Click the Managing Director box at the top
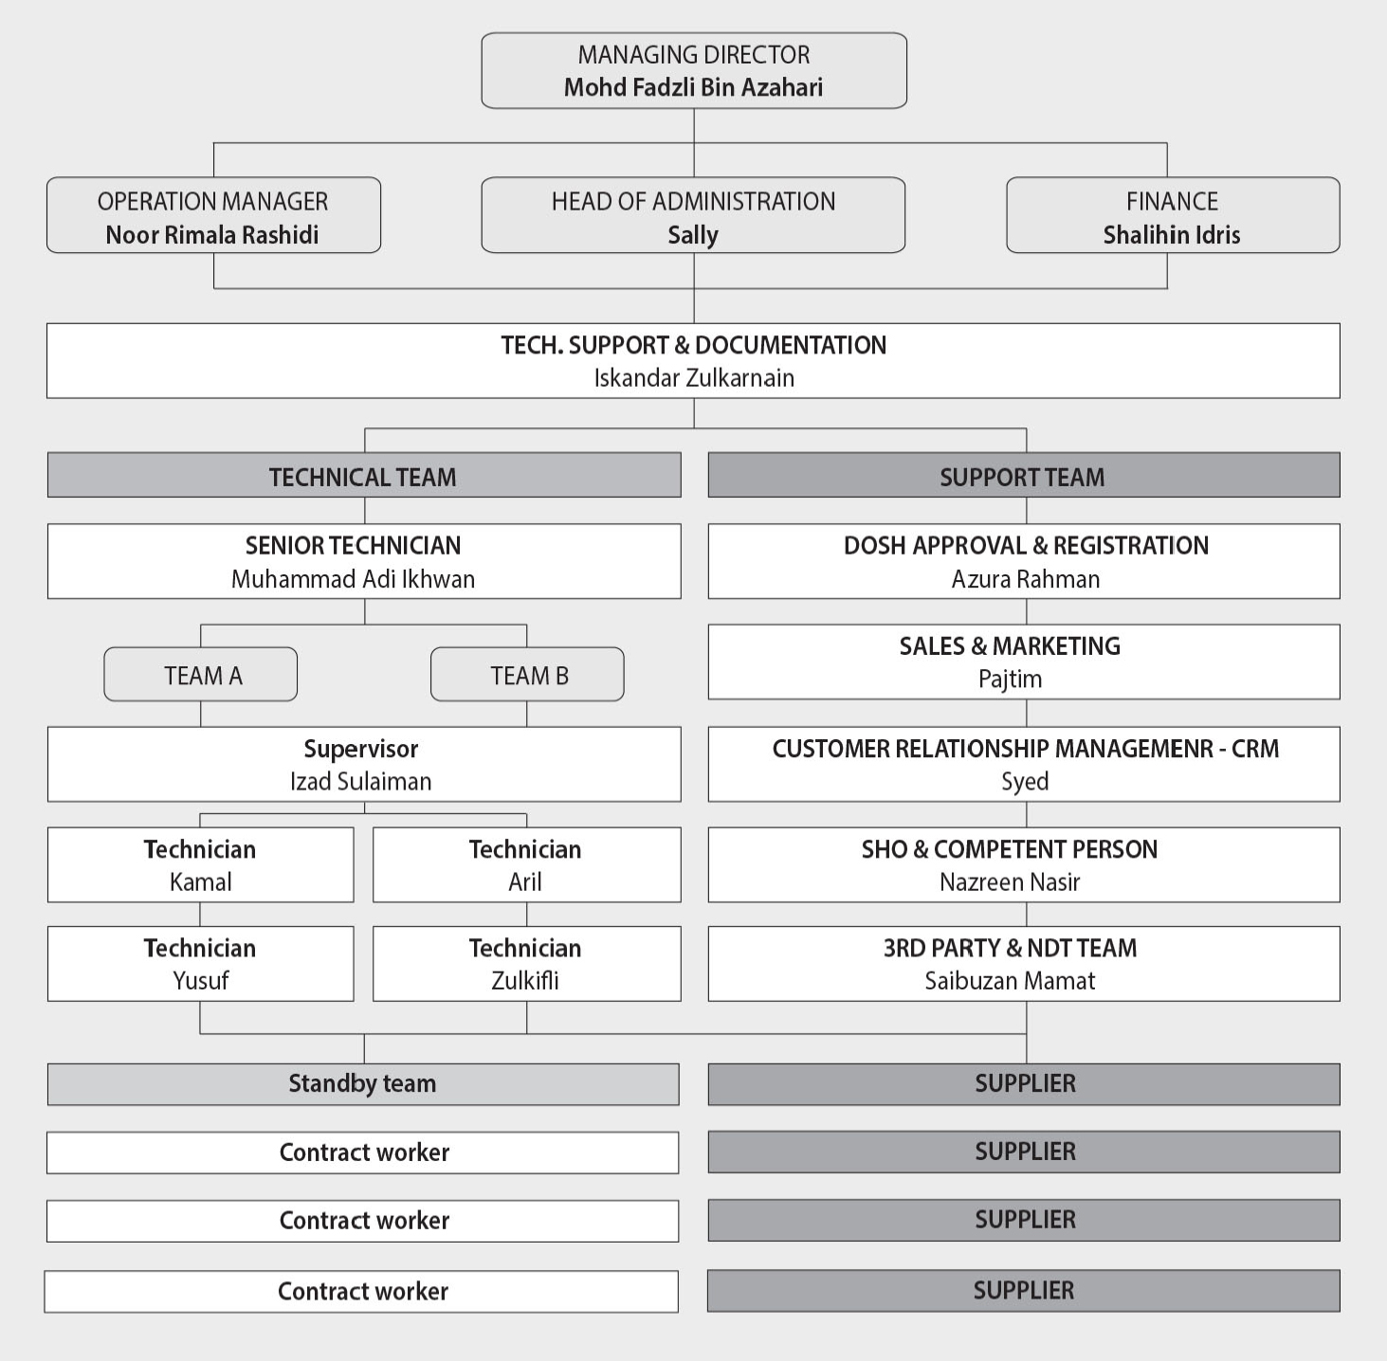[x=693, y=71]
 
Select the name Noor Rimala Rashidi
[x=212, y=235]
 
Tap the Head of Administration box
[x=693, y=215]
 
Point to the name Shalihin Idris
[x=1171, y=235]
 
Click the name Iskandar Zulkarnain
[x=693, y=378]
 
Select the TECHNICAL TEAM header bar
[x=363, y=476]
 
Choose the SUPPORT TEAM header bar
[x=1023, y=476]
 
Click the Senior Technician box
[x=363, y=561]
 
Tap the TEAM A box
[x=201, y=675]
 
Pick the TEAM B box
[x=527, y=675]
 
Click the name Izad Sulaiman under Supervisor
[x=360, y=782]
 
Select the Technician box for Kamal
[x=200, y=864]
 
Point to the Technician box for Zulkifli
[x=526, y=964]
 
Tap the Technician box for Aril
[x=526, y=864]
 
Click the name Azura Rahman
[x=1025, y=579]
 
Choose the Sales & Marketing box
[x=1023, y=662]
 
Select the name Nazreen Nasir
[x=1010, y=882]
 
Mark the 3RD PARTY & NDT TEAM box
[x=1023, y=964]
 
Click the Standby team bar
[x=363, y=1083]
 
